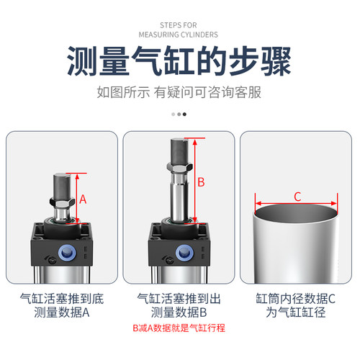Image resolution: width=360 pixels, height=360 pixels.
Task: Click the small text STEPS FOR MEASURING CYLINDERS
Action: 180,27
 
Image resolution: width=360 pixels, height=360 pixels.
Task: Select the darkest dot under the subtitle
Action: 184,114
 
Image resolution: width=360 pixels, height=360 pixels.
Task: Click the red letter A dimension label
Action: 83,199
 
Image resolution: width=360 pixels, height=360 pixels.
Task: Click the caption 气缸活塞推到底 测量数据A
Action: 62,305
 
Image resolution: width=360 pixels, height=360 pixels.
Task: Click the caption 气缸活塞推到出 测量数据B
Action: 179,305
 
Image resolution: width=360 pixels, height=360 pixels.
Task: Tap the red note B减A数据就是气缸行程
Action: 179,328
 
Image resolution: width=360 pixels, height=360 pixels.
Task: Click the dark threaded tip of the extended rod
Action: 179,152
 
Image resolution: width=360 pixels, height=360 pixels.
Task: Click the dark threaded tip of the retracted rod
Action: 61,189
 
